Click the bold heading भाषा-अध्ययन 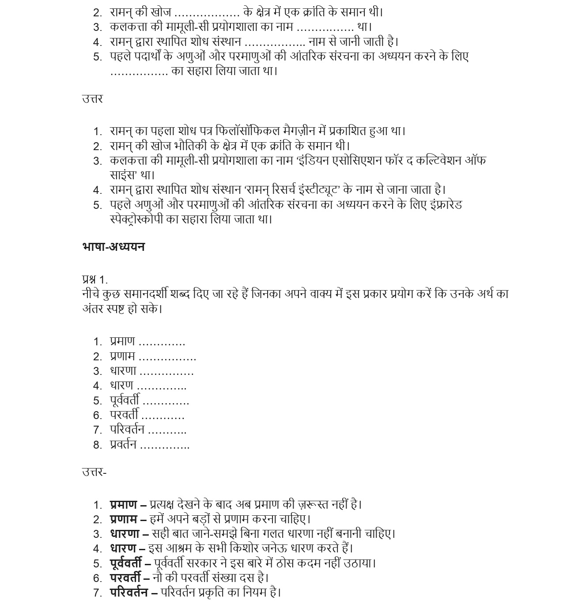coord(113,246)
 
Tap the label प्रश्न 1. coord(94,280)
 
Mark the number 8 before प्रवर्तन coord(97,445)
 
